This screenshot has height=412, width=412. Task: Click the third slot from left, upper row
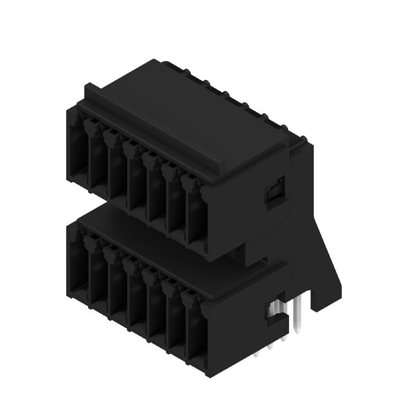[x=116, y=174]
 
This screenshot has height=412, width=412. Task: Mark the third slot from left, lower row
[x=116, y=288]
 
